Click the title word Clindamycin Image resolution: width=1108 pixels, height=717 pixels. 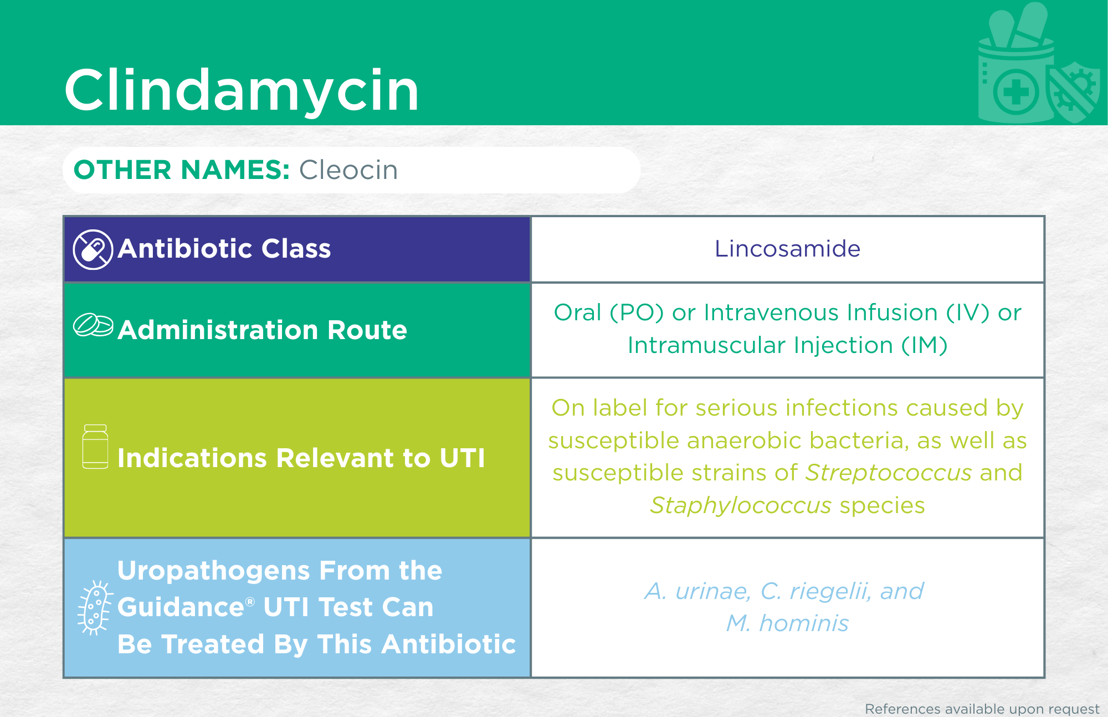(x=242, y=90)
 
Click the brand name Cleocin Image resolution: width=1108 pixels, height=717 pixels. (x=348, y=170)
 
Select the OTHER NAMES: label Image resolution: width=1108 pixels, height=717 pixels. (x=182, y=170)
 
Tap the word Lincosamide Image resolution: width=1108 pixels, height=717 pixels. (x=787, y=249)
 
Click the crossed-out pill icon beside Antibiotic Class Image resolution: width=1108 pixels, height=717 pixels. (x=93, y=250)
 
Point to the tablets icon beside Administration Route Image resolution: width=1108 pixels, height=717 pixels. (x=93, y=325)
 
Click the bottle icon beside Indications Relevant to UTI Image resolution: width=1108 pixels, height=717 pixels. (x=95, y=447)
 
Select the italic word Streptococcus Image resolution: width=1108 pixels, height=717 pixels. (x=888, y=473)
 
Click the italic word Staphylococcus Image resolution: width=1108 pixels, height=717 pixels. (x=741, y=505)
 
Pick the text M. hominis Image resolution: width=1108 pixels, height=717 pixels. (x=787, y=623)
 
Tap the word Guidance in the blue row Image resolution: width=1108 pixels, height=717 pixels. (x=181, y=607)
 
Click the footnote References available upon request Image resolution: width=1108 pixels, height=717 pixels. (x=982, y=709)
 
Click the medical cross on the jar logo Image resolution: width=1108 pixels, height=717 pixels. (x=1015, y=92)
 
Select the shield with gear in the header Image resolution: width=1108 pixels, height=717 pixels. (x=1074, y=92)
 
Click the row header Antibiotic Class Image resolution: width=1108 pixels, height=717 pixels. (x=224, y=249)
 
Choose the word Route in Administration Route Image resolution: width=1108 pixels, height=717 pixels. (x=367, y=330)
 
